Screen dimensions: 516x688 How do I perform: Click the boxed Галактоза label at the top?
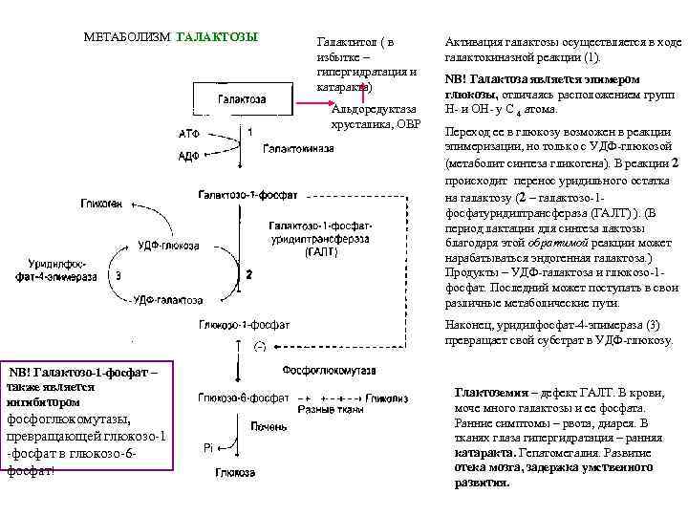point(243,99)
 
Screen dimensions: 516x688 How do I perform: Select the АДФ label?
point(189,155)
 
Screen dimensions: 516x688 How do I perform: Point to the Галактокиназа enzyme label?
point(298,149)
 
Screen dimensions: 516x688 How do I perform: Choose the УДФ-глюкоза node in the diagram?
point(169,246)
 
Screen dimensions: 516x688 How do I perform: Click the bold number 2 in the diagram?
point(249,274)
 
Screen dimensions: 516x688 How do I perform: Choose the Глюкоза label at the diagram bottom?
point(234,473)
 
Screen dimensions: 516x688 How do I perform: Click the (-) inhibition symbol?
point(258,346)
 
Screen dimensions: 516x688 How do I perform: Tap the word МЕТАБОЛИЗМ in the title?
point(127,37)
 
